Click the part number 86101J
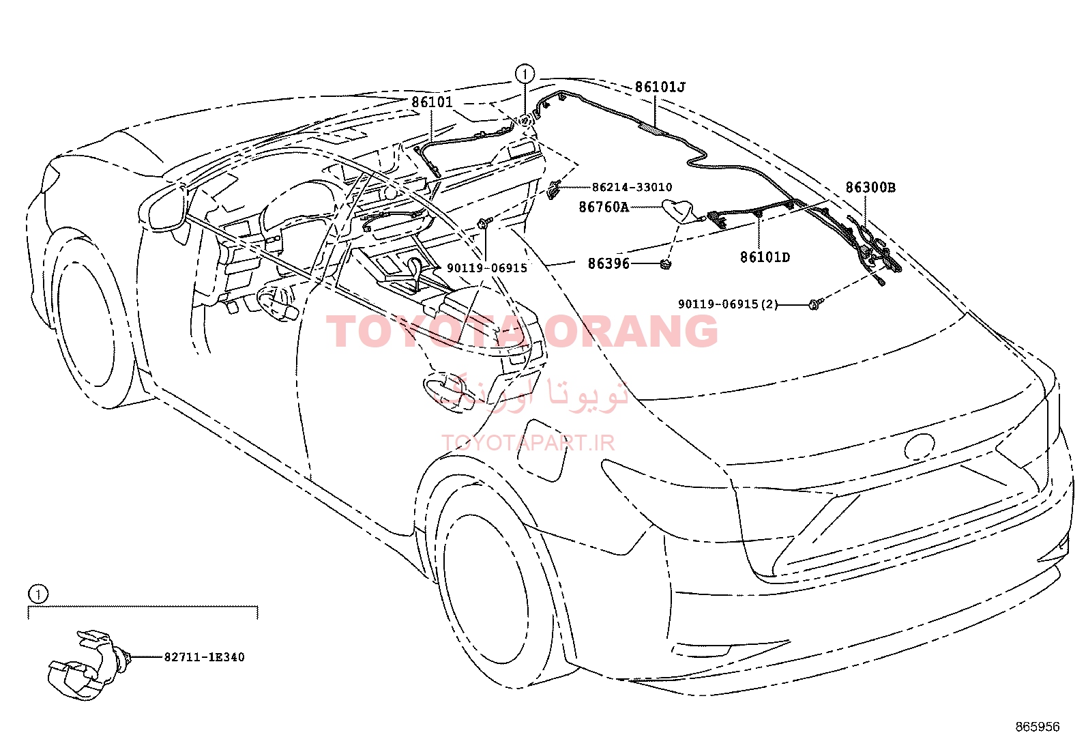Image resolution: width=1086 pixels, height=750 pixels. click(660, 87)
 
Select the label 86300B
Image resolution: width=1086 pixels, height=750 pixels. click(870, 187)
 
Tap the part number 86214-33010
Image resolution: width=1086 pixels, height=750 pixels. click(632, 187)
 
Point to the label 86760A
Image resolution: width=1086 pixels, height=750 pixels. click(604, 207)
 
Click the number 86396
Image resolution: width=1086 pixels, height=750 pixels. click(608, 263)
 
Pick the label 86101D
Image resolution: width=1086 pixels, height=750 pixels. click(765, 257)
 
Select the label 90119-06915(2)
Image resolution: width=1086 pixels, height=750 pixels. click(728, 304)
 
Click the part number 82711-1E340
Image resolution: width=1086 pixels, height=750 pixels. click(204, 657)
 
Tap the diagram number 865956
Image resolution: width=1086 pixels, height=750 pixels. click(1038, 727)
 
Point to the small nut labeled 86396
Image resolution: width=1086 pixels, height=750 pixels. click(666, 264)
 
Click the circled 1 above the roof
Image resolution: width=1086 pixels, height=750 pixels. click(525, 74)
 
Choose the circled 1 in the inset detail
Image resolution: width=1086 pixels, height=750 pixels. click(38, 594)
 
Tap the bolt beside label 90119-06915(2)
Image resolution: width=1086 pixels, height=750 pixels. click(814, 304)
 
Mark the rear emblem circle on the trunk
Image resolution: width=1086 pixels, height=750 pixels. click(920, 446)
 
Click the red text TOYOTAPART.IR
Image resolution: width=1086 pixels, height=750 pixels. click(528, 443)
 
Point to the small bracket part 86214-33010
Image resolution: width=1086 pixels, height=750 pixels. click(554, 189)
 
